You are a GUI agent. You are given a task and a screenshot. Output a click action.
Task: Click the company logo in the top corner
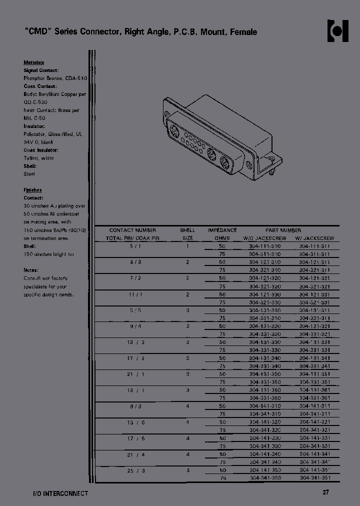337,31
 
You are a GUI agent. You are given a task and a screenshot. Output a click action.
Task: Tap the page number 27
326,493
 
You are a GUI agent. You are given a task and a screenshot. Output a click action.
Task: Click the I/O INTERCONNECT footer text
57,493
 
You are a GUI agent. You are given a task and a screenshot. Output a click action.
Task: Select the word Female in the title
243,32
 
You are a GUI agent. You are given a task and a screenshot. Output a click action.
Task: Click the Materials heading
34,62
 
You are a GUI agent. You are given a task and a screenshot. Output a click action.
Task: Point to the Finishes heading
32,190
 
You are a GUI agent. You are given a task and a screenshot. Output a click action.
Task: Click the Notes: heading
31,270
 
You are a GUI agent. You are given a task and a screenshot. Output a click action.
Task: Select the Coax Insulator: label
40,150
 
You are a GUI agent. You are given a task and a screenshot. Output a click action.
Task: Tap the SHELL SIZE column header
187,234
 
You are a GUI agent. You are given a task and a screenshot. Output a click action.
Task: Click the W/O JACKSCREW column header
264,238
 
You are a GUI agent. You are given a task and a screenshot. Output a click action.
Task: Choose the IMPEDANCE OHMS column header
222,234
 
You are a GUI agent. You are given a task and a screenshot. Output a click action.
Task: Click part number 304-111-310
264,246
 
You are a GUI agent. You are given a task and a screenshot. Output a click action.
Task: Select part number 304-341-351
315,478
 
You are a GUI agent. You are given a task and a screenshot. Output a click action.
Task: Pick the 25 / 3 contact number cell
132,470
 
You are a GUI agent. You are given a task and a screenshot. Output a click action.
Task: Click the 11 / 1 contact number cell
132,294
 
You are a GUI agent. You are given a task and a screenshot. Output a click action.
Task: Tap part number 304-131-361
315,390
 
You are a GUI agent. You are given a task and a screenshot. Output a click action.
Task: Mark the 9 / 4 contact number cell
132,326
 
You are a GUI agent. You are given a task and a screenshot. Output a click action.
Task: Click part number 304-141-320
264,422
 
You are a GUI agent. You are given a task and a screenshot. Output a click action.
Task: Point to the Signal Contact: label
41,70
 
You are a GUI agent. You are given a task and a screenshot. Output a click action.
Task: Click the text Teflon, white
38,158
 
